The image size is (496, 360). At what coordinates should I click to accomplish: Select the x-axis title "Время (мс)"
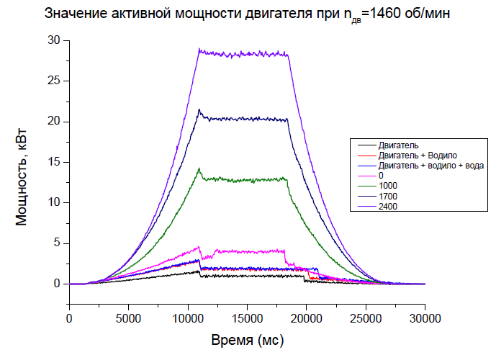246,339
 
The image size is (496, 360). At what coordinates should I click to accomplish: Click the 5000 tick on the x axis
128,317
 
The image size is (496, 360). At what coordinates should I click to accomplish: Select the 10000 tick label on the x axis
187,317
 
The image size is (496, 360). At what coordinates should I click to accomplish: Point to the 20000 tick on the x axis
306,317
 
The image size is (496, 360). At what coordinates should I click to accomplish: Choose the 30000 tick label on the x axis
425,317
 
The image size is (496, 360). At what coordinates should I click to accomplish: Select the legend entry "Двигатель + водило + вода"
430,166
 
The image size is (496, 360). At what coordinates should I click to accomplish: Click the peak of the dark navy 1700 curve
199,109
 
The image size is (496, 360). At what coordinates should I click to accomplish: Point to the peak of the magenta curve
198,247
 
